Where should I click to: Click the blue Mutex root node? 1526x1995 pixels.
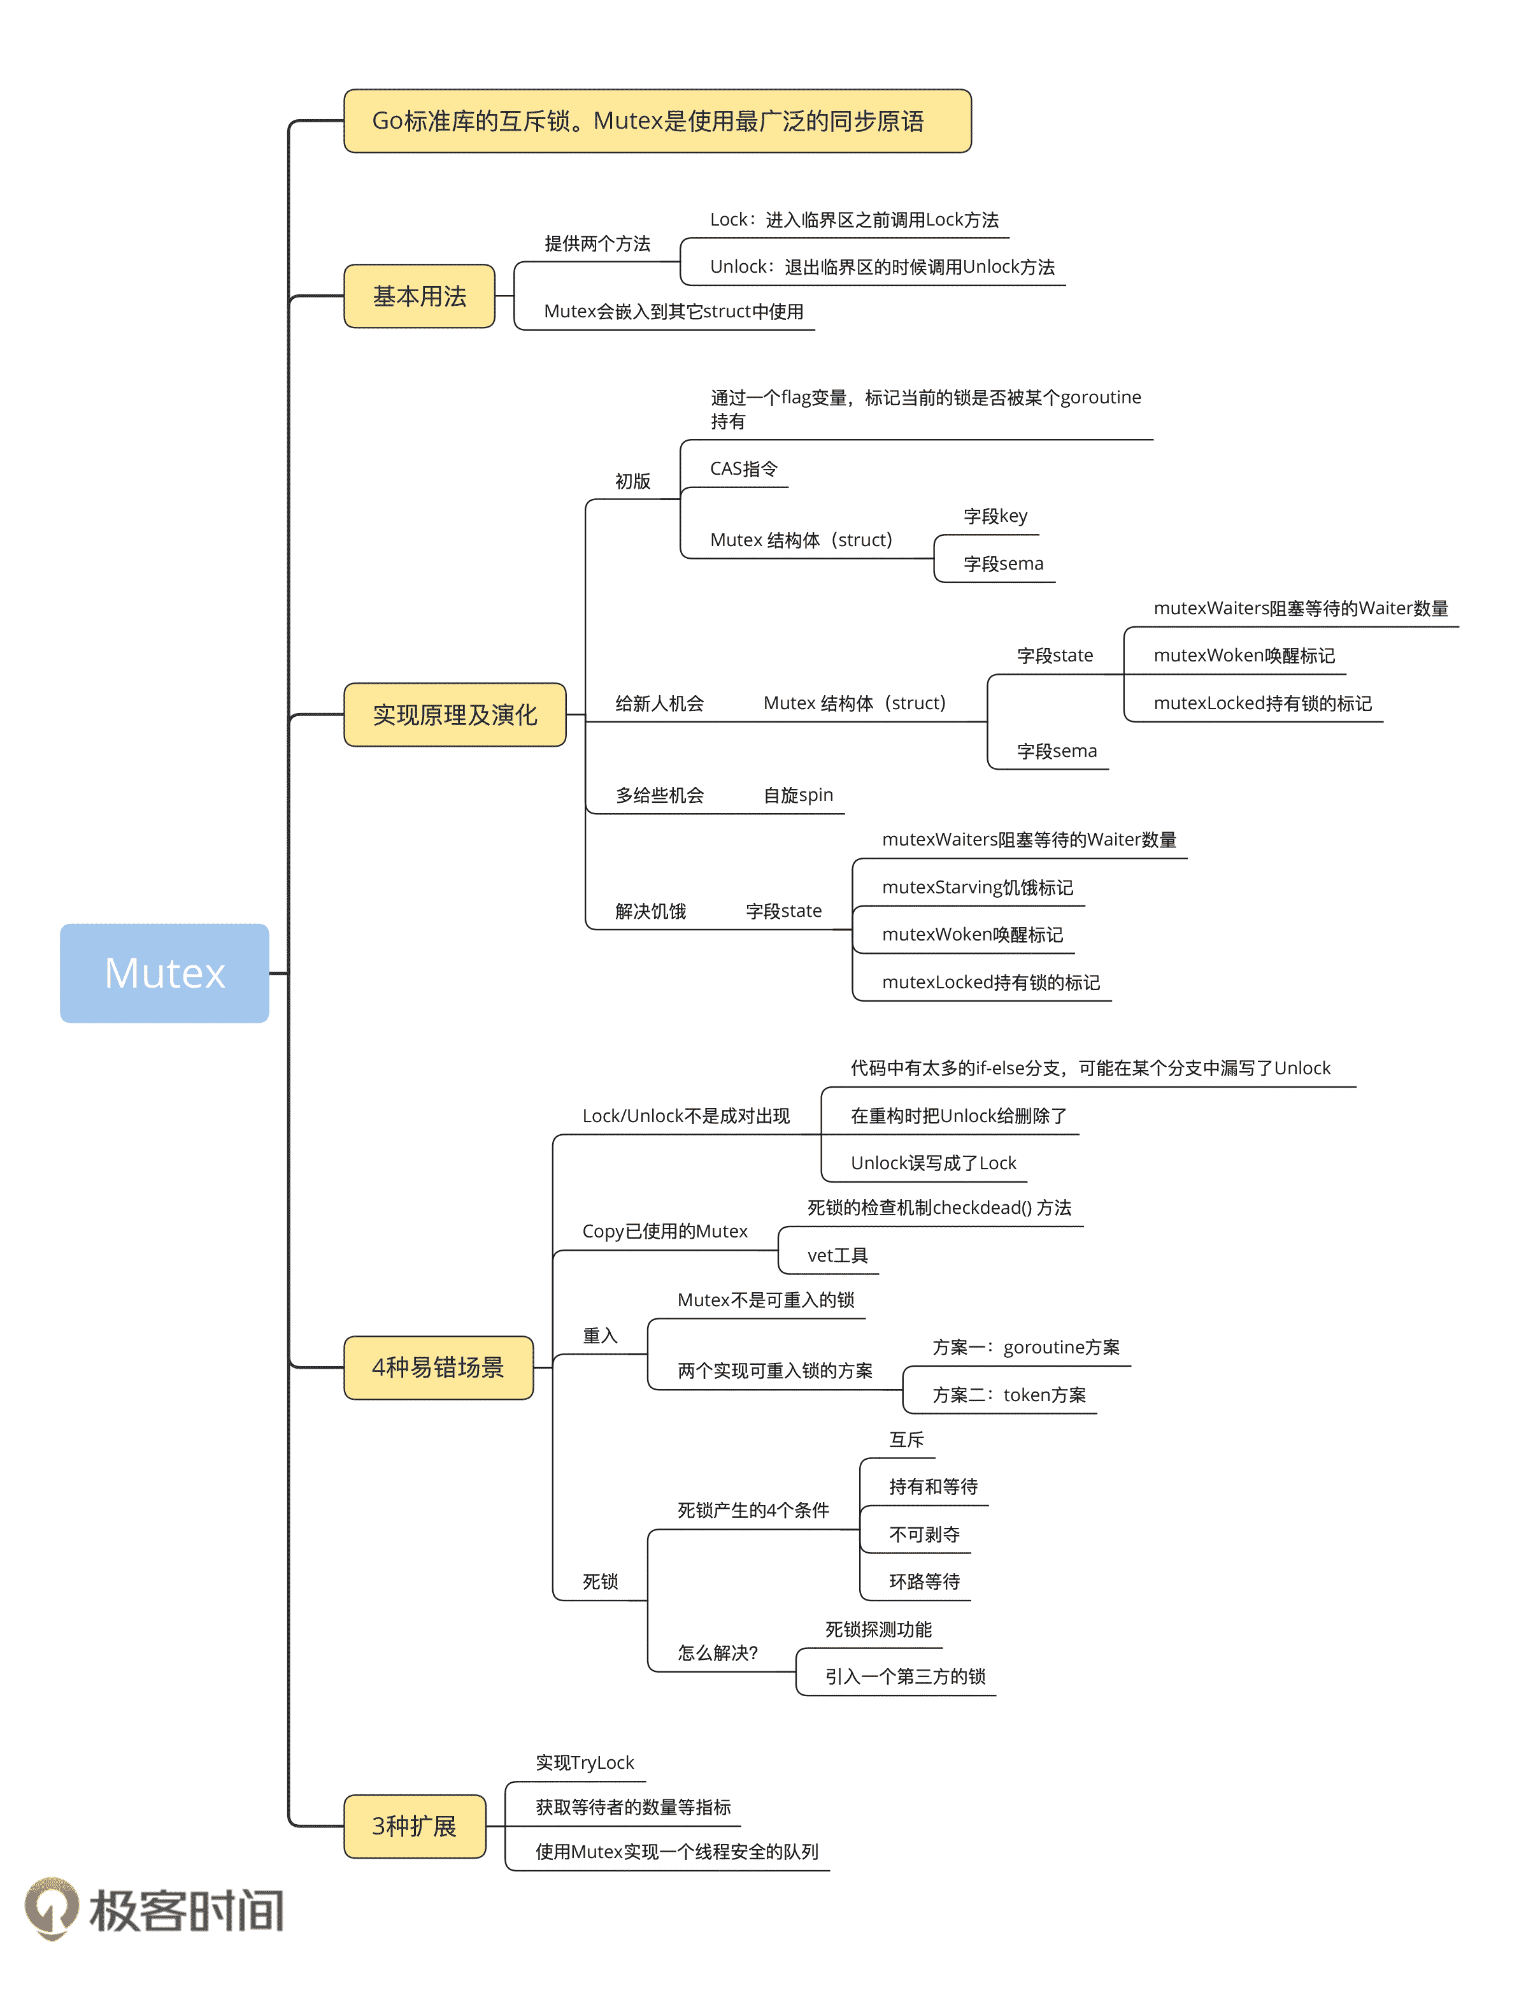(x=164, y=973)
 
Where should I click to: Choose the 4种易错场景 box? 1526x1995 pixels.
(x=438, y=1367)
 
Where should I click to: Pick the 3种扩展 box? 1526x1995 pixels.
(x=414, y=1826)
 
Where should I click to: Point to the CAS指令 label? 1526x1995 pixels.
(x=743, y=469)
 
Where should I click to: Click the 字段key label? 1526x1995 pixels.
(x=995, y=516)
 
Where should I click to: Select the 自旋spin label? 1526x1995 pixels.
(x=797, y=795)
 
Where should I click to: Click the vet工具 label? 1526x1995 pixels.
(x=837, y=1255)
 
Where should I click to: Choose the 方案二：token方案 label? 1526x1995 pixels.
(x=1008, y=1395)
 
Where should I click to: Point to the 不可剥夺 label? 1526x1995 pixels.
(x=923, y=1534)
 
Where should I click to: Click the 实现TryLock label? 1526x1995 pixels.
(x=584, y=1762)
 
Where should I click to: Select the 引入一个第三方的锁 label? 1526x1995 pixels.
(x=904, y=1676)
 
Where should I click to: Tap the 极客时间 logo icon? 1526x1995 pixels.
(x=52, y=1908)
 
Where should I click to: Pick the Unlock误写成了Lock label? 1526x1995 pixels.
(x=933, y=1163)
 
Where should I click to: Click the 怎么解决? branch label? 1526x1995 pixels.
(x=718, y=1652)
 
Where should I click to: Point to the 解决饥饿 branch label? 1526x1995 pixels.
(x=650, y=911)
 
